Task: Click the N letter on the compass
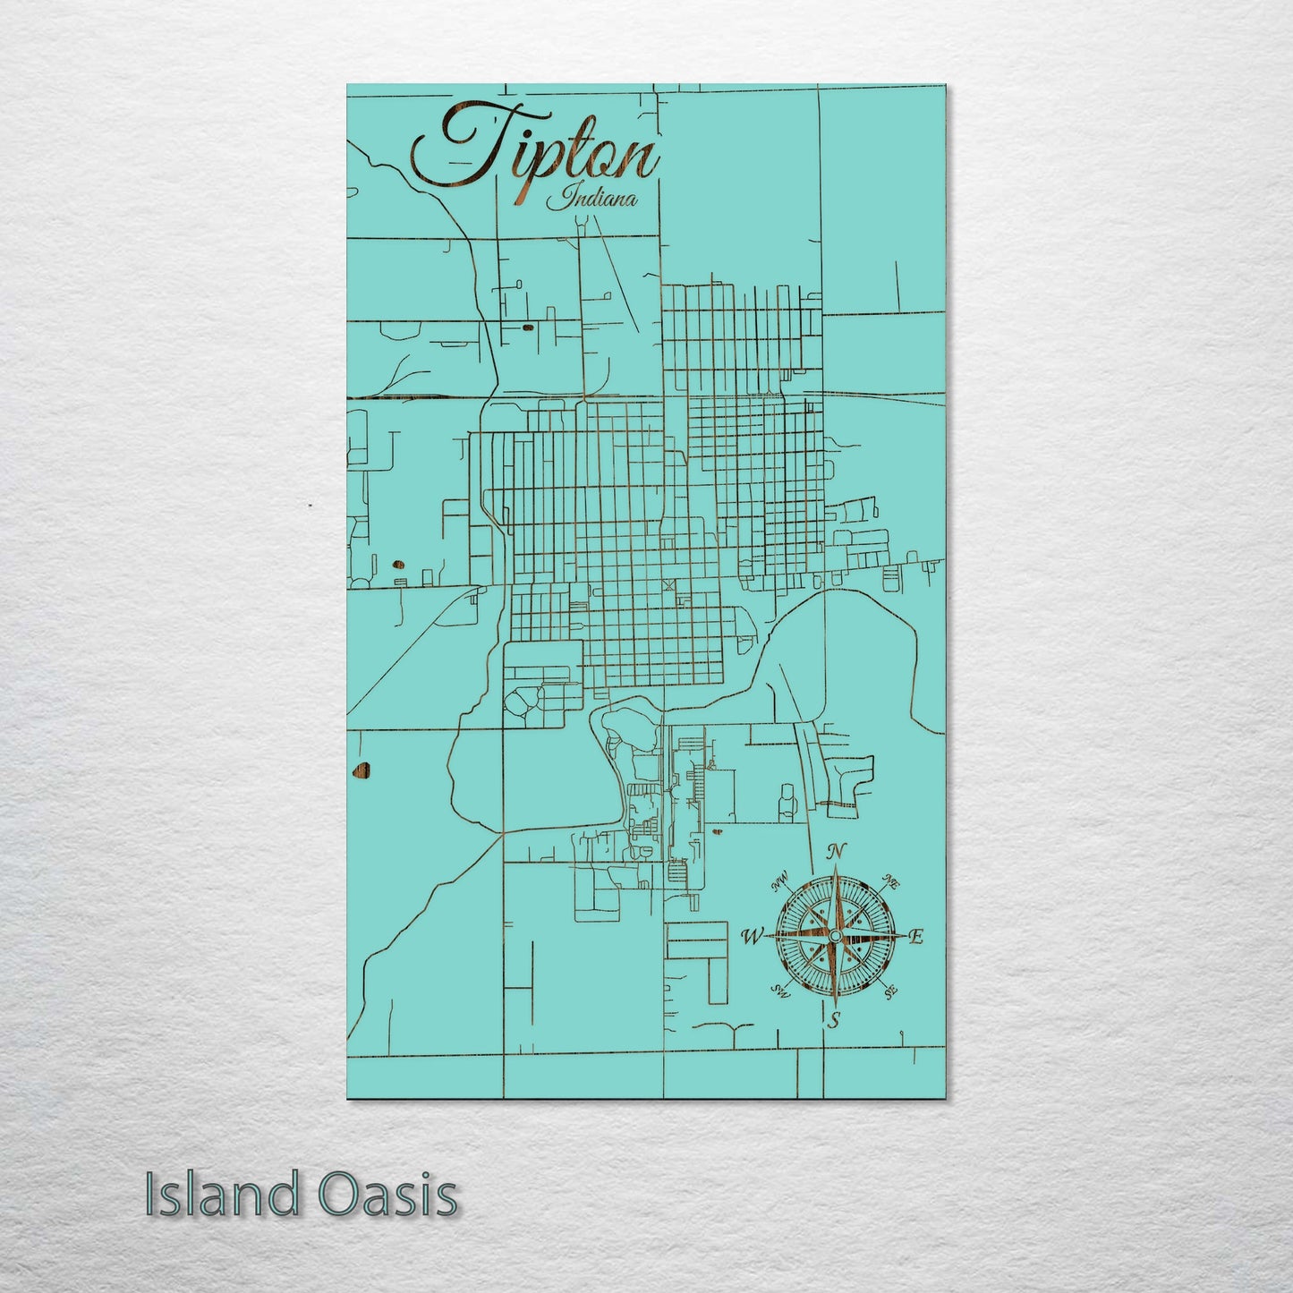coord(838,851)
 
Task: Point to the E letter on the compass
coord(915,937)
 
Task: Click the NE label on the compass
coord(891,880)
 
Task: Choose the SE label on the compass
coord(889,992)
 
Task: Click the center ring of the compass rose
coord(834,936)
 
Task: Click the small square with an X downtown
coord(668,585)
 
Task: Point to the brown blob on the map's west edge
coord(362,769)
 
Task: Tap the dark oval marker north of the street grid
coord(527,328)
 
